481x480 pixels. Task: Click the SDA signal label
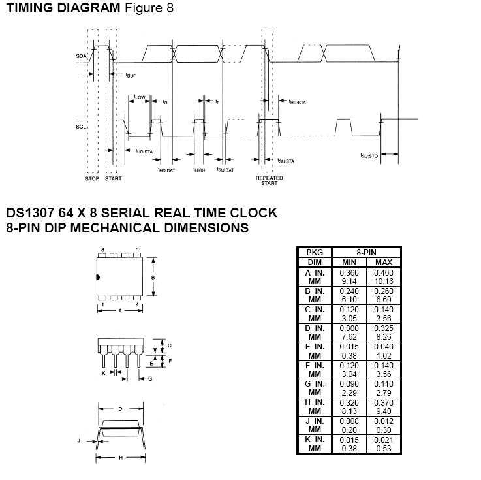tap(82, 56)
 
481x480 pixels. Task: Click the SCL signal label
tap(81, 127)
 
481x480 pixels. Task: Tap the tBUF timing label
tap(131, 75)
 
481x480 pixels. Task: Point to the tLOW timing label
tap(140, 97)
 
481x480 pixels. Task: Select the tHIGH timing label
tap(199, 170)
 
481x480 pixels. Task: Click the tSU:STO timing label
tap(369, 156)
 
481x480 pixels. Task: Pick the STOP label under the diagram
tap(92, 179)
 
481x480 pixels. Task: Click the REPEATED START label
tap(269, 180)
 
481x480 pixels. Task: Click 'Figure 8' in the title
tap(149, 8)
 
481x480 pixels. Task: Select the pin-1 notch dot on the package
tap(98, 278)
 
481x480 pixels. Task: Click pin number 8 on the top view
tap(102, 250)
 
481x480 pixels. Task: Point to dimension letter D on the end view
tap(120, 409)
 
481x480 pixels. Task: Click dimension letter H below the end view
tap(121, 458)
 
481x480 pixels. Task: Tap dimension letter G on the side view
tap(150, 379)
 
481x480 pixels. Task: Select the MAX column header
tap(384, 263)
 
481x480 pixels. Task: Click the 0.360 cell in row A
tap(349, 273)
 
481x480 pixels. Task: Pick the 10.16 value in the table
tap(384, 281)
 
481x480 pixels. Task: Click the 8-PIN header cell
tap(366, 253)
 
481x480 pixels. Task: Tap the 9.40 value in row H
tap(384, 411)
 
